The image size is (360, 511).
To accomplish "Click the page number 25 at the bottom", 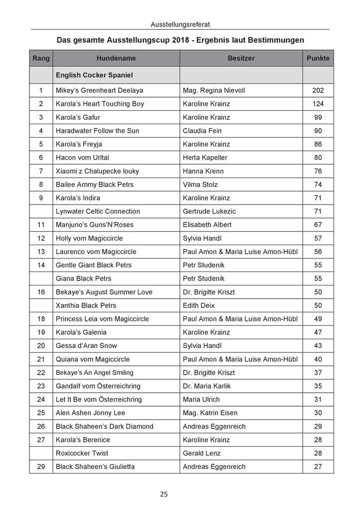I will [x=164, y=495].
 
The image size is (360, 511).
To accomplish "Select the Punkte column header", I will [x=318, y=58].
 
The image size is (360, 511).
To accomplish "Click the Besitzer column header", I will [x=241, y=58].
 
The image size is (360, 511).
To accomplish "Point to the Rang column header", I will [x=41, y=58].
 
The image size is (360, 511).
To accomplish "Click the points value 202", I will [x=318, y=90].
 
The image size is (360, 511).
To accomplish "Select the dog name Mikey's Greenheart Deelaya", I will [x=100, y=90].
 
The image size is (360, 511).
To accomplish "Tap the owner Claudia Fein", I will [x=202, y=131].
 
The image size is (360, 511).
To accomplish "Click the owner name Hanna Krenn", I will [x=203, y=171].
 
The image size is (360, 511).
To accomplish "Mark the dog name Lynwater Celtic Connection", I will [x=98, y=212].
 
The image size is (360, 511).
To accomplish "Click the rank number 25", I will [x=41, y=413].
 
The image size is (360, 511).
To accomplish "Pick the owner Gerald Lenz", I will [x=201, y=454].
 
